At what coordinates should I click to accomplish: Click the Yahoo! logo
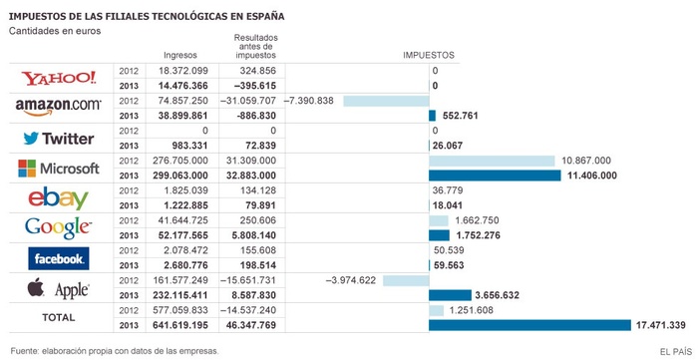coord(60,79)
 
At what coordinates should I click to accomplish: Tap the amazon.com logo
coord(59,105)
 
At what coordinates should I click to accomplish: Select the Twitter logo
coord(60,138)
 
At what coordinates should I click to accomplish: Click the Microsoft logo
coord(60,168)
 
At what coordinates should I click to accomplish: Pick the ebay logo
coord(59,197)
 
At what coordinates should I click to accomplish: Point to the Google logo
coord(60,227)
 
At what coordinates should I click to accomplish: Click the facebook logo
coord(59,258)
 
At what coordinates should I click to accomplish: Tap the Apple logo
coord(60,288)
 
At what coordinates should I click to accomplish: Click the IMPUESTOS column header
coord(428,55)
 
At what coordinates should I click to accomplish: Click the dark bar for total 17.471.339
coord(529,325)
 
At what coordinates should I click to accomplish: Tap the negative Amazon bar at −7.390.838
coord(385,101)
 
